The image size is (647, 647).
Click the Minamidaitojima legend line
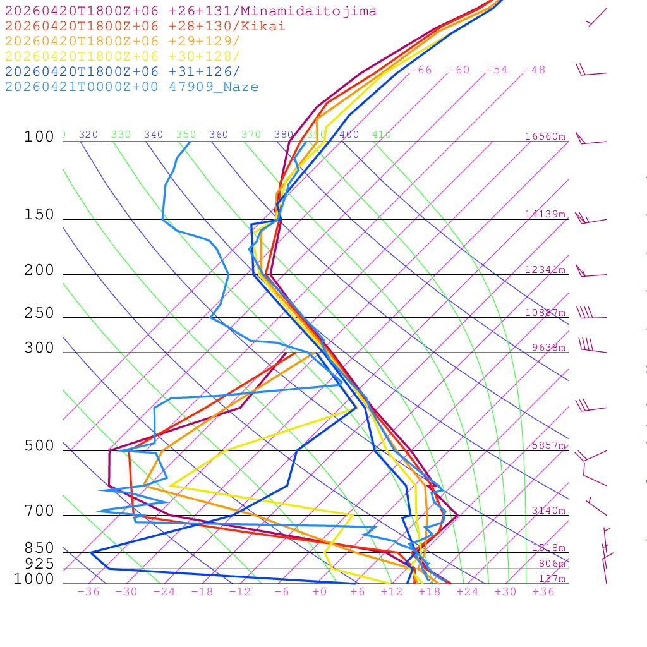point(191,11)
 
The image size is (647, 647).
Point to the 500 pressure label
point(39,446)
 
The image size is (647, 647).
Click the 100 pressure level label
point(39,137)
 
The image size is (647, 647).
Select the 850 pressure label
point(39,548)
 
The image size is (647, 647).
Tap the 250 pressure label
point(39,313)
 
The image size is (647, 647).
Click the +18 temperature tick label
point(429,592)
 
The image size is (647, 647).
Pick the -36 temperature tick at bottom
point(88,592)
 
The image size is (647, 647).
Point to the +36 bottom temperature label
point(543,592)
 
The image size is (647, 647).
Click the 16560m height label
point(545,136)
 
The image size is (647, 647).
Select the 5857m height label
point(548,445)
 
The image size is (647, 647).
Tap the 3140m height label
point(548,511)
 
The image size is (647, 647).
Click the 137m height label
point(552,579)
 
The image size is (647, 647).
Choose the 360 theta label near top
point(219,135)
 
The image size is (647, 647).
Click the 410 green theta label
point(382,135)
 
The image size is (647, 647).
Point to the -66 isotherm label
point(421,70)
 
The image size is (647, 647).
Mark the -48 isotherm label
point(535,70)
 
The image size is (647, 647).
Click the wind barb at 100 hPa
point(591,140)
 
